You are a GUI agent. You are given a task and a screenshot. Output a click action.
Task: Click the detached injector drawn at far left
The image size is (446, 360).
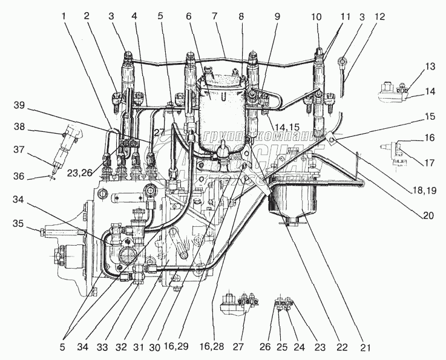(65, 145)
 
